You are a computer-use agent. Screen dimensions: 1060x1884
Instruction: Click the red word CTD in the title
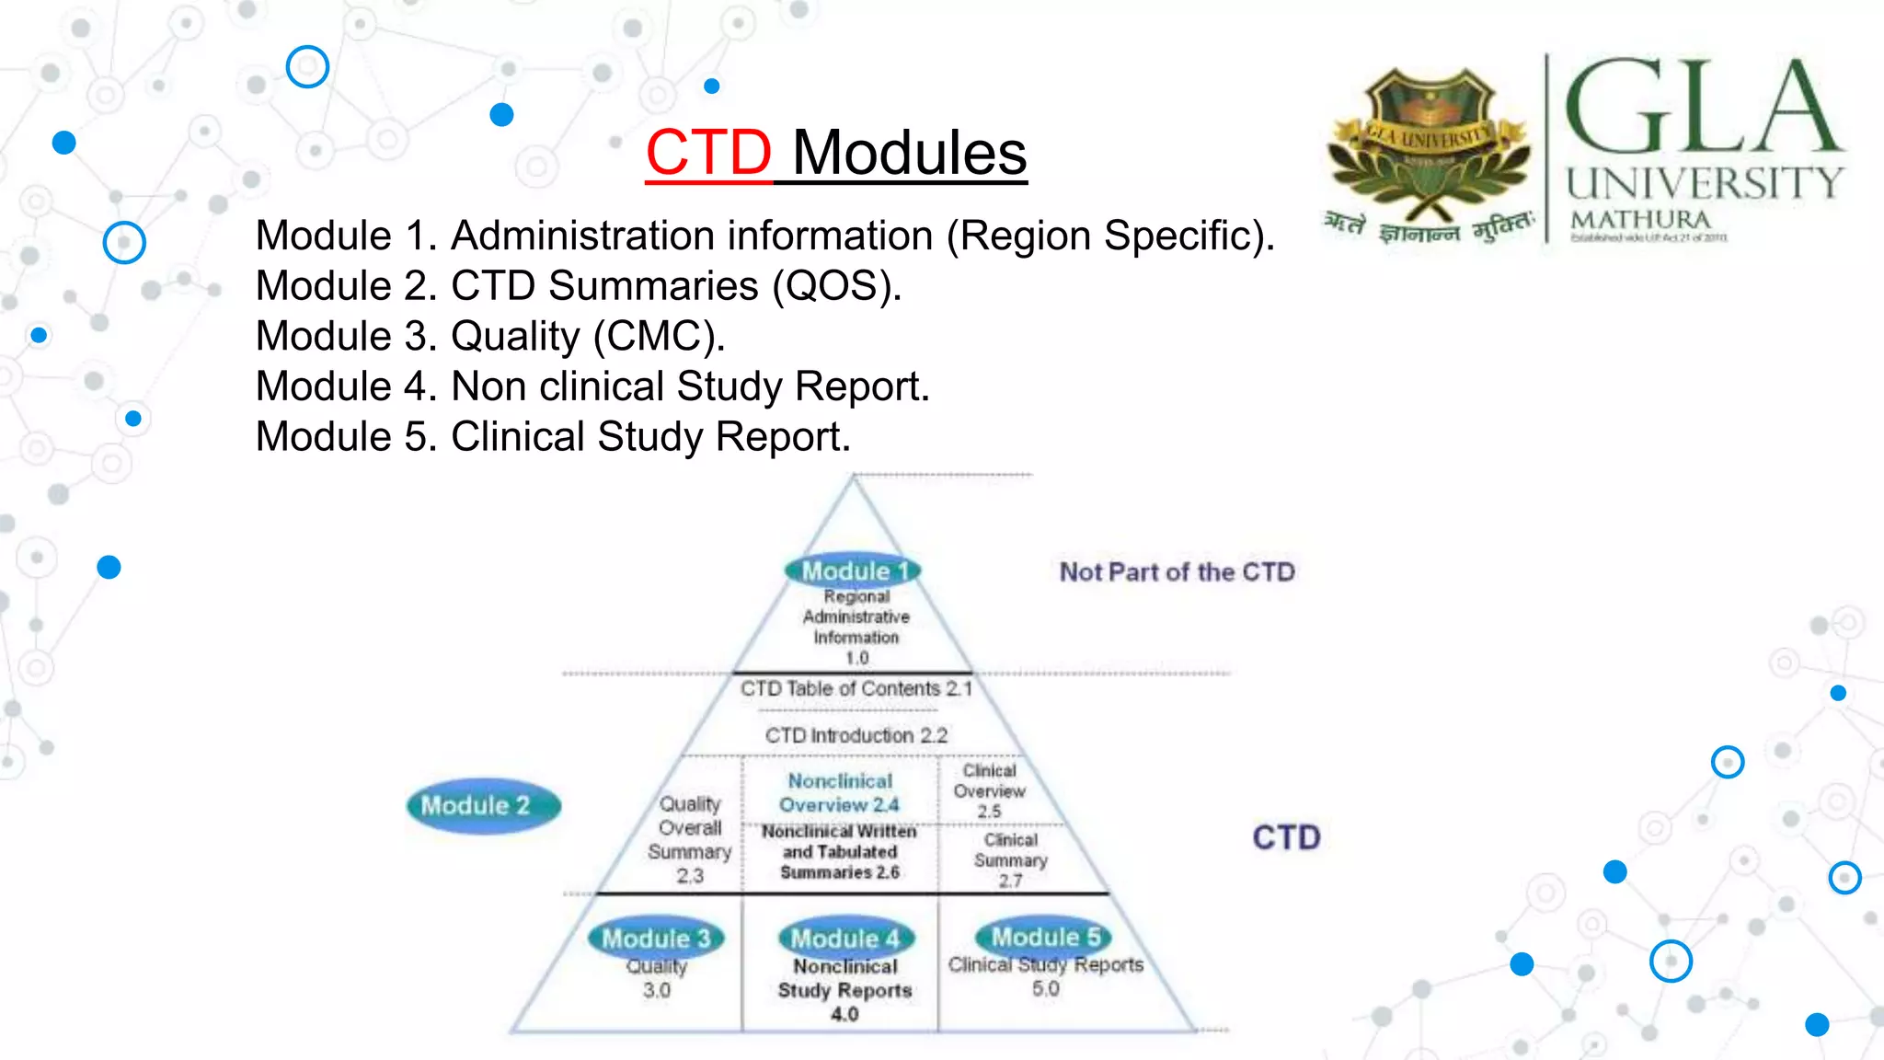point(707,153)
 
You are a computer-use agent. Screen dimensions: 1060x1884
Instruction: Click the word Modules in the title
point(909,153)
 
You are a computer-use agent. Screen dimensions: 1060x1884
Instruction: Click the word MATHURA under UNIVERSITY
point(1640,221)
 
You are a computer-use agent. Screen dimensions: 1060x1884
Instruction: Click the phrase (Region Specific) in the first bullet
point(1110,236)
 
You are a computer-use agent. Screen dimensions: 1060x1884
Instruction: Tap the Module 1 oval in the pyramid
point(853,570)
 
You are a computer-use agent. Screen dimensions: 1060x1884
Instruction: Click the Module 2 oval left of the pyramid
point(483,806)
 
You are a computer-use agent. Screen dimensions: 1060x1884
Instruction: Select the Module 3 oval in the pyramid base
point(656,939)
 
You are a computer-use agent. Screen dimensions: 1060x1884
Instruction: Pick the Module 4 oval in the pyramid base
point(845,939)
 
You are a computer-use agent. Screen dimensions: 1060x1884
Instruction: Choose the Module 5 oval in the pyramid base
point(1045,937)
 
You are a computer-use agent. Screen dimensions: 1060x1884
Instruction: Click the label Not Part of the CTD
point(1177,572)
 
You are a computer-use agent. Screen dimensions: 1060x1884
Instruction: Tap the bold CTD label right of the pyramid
point(1286,837)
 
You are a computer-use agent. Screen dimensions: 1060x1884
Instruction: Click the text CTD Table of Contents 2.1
point(856,689)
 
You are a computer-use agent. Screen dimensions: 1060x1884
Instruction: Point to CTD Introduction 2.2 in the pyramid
point(856,736)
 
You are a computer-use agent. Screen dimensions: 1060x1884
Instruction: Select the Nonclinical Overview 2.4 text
point(839,793)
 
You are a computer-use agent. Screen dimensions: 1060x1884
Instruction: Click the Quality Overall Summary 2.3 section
point(690,839)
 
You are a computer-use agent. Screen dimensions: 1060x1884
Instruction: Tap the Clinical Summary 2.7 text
point(1010,860)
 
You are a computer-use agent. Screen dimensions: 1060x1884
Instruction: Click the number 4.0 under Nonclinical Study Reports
point(844,1015)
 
